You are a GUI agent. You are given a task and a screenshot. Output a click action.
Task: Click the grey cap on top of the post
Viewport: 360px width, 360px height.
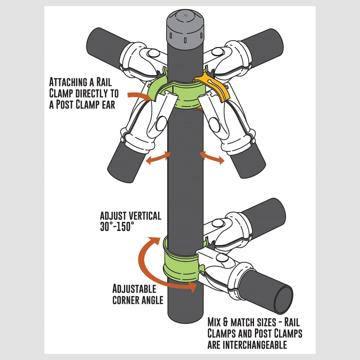click(x=185, y=30)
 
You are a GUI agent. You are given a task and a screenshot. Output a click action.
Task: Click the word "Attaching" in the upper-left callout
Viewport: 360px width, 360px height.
click(x=68, y=82)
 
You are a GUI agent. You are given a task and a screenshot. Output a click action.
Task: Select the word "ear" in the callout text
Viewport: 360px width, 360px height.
click(x=108, y=105)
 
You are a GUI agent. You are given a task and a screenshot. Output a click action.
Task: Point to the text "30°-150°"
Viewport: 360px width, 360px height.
click(x=117, y=226)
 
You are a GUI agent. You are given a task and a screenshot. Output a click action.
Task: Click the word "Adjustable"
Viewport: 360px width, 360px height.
click(x=134, y=289)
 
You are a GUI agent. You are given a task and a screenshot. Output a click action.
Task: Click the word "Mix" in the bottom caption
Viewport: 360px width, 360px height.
click(x=215, y=322)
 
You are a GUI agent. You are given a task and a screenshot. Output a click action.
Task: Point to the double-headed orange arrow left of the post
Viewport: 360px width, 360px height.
click(x=158, y=158)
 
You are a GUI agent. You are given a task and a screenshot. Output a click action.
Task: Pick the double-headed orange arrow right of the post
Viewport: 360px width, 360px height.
click(x=212, y=158)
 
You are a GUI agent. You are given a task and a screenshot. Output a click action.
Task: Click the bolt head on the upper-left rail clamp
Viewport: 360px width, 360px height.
click(x=153, y=54)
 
